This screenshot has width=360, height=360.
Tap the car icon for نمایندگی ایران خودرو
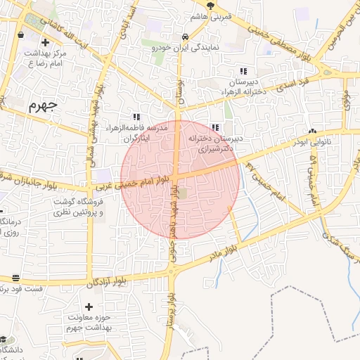184,37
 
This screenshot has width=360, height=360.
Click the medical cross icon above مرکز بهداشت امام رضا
45,42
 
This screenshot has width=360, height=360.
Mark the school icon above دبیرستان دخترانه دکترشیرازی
215,127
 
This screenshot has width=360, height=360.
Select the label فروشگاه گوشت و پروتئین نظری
79,207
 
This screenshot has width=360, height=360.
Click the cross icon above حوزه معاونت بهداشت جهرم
88,307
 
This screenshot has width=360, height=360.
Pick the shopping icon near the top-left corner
19,32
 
